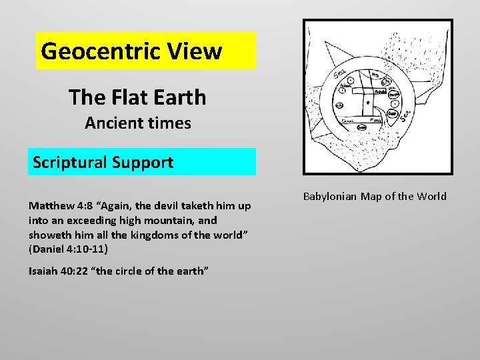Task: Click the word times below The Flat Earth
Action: click(169, 123)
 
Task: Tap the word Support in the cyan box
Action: click(143, 162)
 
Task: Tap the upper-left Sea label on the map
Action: click(339, 73)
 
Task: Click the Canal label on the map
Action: click(348, 121)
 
